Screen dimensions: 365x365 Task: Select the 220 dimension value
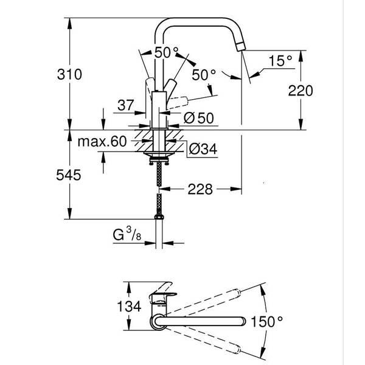[x=300, y=91]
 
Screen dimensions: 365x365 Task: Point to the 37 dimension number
[x=125, y=105]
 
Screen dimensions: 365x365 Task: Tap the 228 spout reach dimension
[x=200, y=190]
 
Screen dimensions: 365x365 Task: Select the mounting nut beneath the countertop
[x=158, y=159]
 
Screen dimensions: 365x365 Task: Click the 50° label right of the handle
[x=204, y=75]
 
